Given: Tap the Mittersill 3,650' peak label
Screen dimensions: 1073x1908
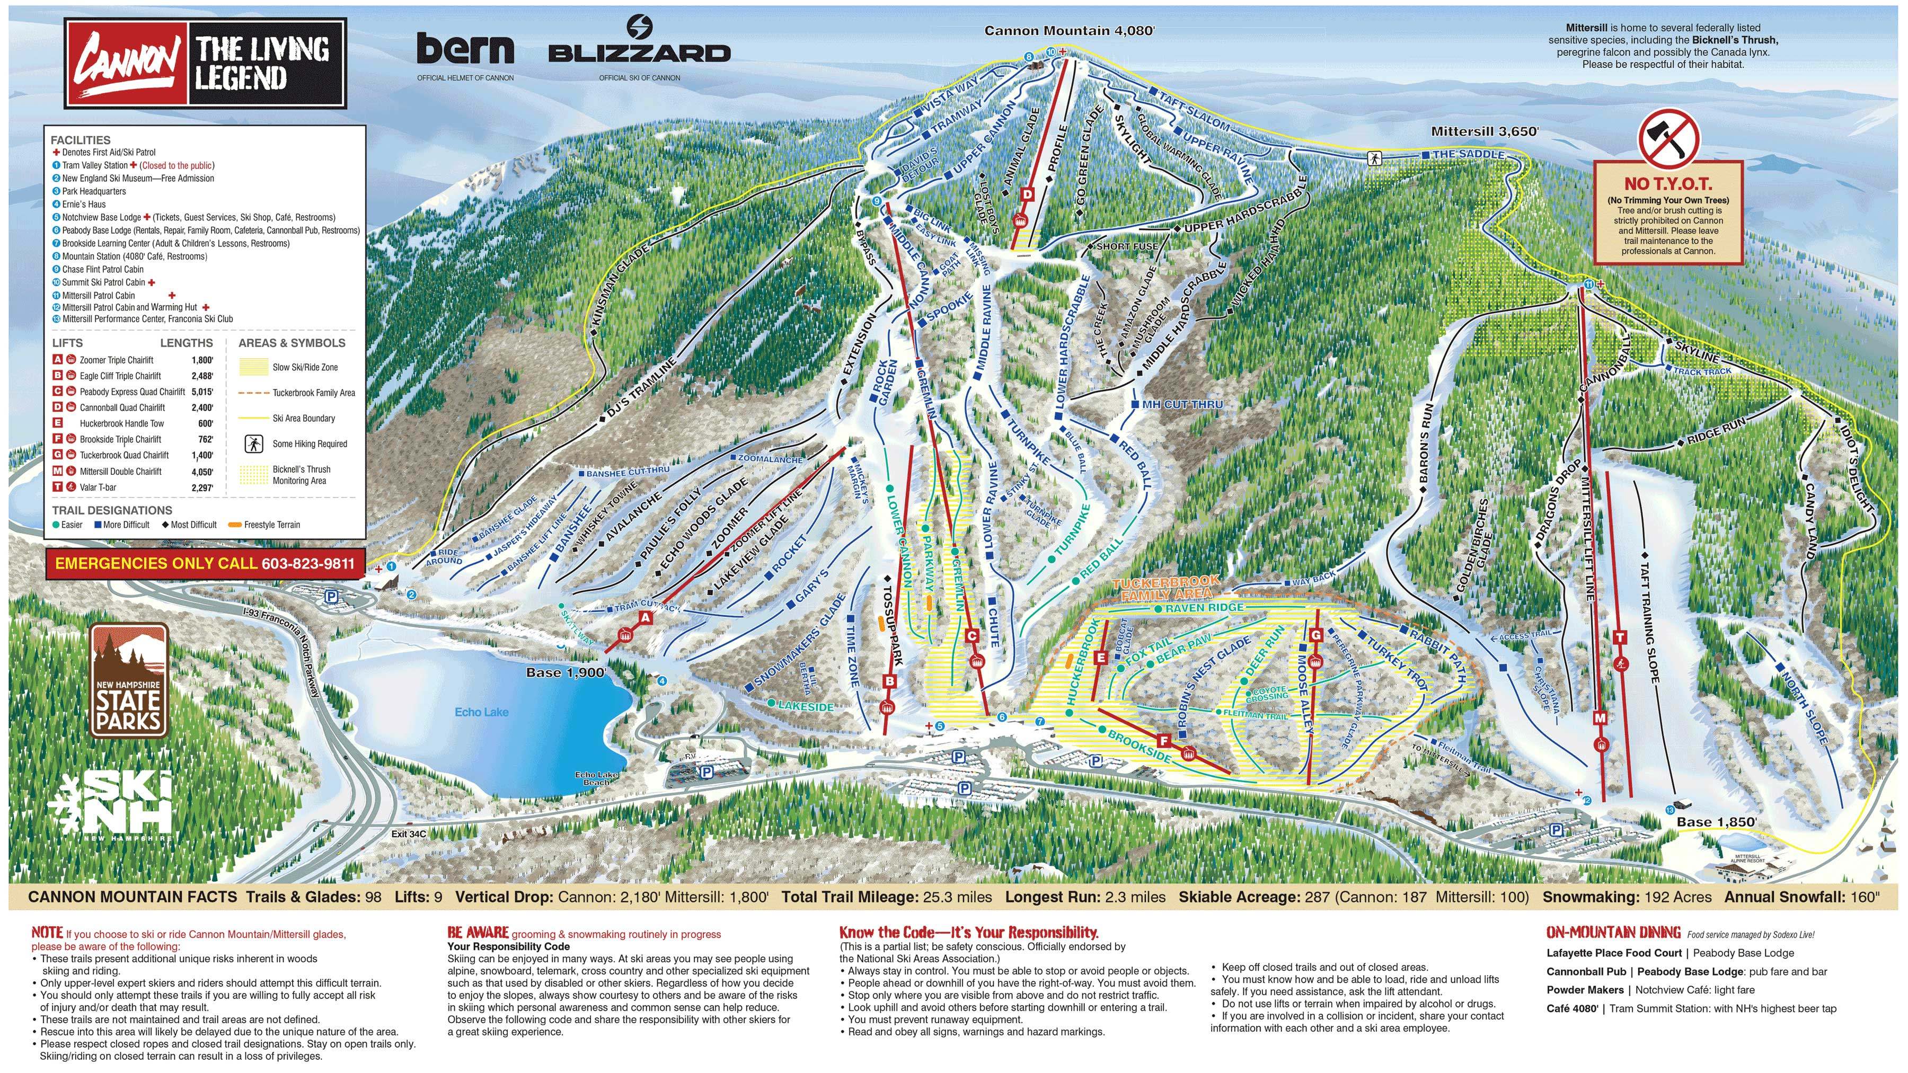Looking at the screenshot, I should tap(1485, 131).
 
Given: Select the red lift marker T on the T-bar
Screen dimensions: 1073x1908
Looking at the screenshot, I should tap(1619, 637).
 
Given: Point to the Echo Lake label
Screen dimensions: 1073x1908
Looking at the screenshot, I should tap(481, 712).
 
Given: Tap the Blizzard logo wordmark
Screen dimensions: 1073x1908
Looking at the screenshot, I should tap(639, 52).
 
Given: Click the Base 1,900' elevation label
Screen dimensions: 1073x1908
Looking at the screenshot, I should tap(566, 672).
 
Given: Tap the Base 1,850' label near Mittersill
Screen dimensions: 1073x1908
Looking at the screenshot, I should tap(1716, 821).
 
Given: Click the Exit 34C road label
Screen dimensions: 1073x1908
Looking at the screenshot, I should tap(409, 834).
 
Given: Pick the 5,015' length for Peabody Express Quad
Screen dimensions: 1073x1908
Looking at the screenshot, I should tap(202, 392).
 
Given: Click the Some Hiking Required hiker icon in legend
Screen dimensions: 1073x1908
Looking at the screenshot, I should tap(253, 444).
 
